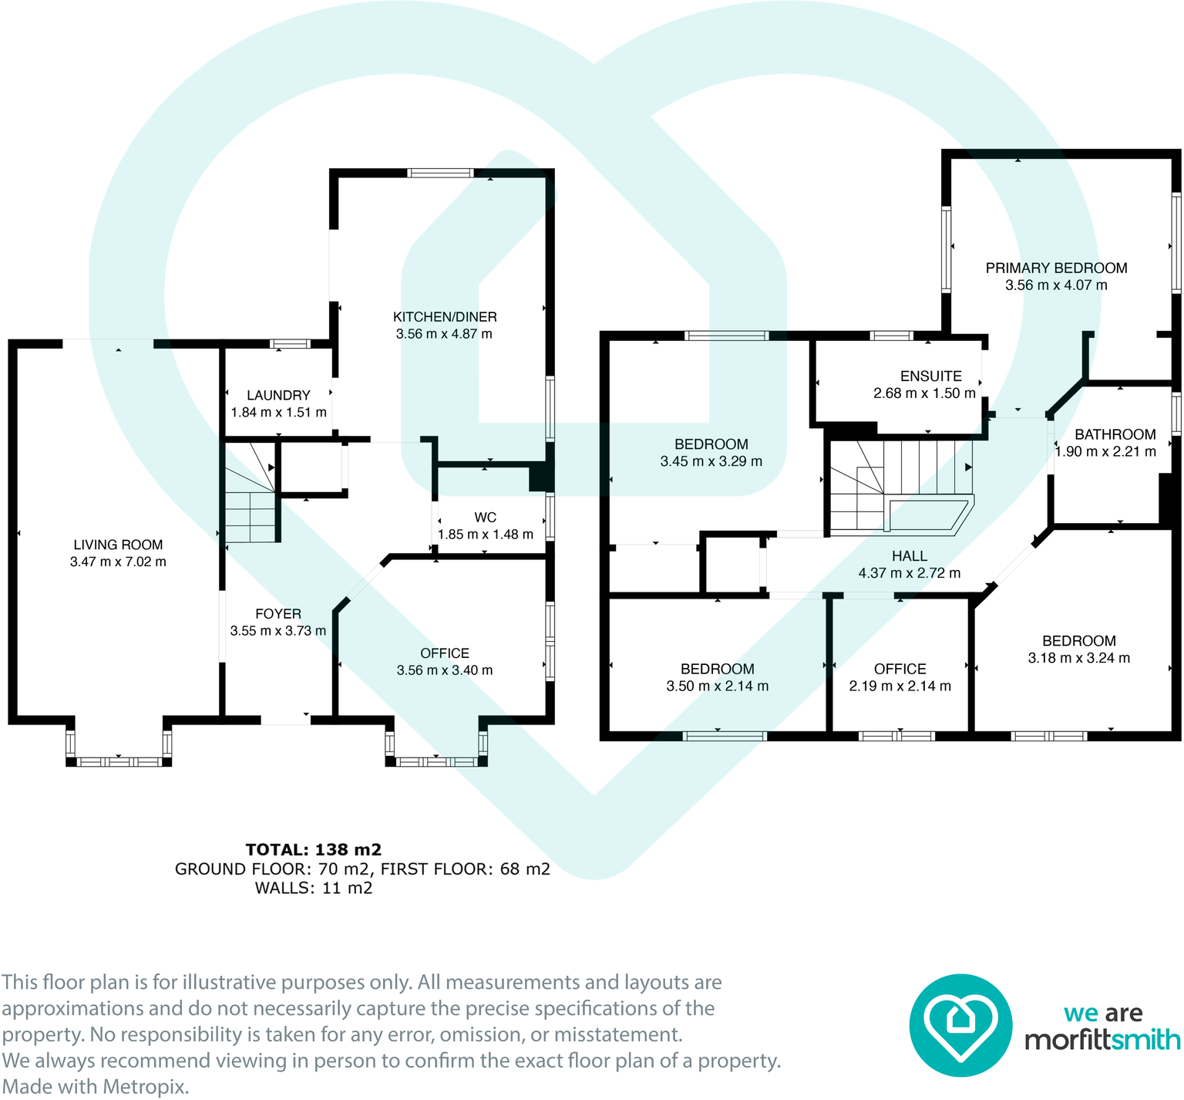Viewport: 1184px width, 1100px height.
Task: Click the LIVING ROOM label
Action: coord(118,545)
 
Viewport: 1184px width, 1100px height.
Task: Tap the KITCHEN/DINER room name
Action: coord(445,317)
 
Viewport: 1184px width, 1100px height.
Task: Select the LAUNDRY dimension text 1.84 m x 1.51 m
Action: coord(278,413)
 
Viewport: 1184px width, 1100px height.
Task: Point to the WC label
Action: coord(486,518)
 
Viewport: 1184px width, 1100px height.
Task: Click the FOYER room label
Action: coord(278,614)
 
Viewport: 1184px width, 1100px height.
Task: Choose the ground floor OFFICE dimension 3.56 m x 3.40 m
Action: coord(445,670)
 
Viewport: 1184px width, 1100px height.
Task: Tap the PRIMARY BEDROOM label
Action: coord(1056,268)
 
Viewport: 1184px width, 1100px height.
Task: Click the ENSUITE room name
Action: coord(930,376)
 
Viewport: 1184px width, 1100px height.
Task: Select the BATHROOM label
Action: coord(1115,435)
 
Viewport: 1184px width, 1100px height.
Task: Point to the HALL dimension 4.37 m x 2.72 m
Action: coord(910,573)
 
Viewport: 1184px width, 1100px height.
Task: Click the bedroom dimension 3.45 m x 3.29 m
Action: coord(711,461)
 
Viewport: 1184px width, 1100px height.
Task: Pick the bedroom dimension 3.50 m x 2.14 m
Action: coord(717,686)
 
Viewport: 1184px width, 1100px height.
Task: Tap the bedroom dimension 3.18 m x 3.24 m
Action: coord(1078,658)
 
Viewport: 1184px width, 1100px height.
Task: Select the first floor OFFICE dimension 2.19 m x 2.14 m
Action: coord(900,686)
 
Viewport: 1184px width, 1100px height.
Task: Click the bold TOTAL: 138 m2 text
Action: coord(314,850)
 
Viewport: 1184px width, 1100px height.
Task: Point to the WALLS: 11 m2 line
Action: coord(314,888)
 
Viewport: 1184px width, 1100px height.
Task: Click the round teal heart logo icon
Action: coord(960,1025)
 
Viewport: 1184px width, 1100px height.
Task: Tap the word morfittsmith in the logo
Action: coord(1102,1040)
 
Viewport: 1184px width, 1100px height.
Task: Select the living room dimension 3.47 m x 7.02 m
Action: coord(118,562)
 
